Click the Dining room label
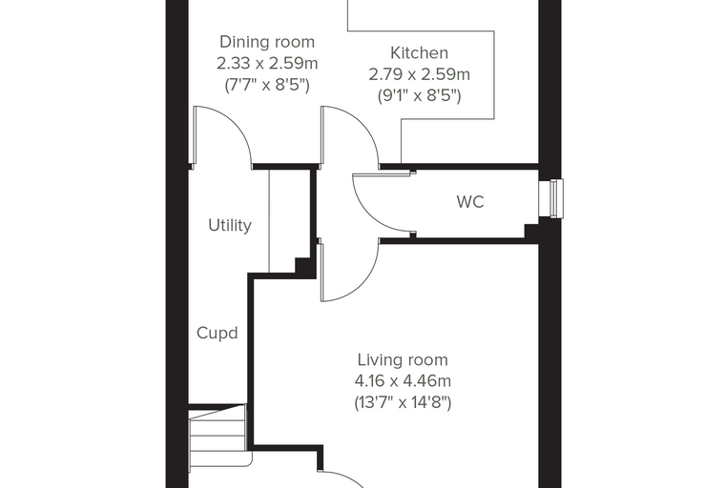(x=267, y=42)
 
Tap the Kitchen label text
(x=419, y=53)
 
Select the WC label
(x=470, y=202)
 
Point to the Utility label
(x=230, y=226)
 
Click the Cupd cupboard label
(x=217, y=334)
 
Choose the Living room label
(x=403, y=360)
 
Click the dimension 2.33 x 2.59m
(x=267, y=63)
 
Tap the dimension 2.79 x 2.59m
(x=419, y=74)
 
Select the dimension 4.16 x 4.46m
(x=403, y=381)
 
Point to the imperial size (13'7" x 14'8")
(x=403, y=403)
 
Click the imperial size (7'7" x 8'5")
(x=267, y=85)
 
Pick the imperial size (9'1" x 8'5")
(x=419, y=96)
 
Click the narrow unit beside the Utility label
(x=289, y=221)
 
